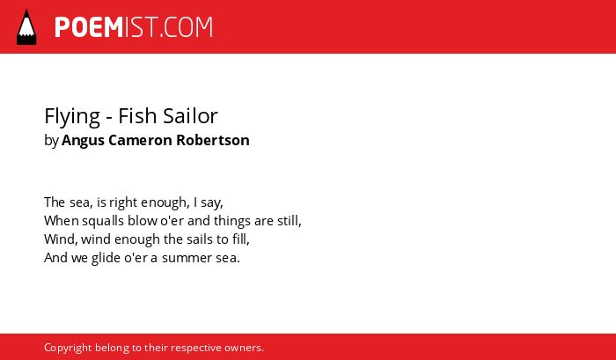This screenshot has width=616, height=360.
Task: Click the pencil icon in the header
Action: [26, 27]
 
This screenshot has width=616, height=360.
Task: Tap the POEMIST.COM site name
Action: [134, 27]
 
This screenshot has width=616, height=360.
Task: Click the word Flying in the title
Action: [72, 116]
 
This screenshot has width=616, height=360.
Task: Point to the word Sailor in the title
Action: [190, 115]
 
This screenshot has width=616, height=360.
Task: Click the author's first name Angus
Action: [83, 141]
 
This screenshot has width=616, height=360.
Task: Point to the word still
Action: [288, 220]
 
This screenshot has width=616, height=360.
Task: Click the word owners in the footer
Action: [242, 349]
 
